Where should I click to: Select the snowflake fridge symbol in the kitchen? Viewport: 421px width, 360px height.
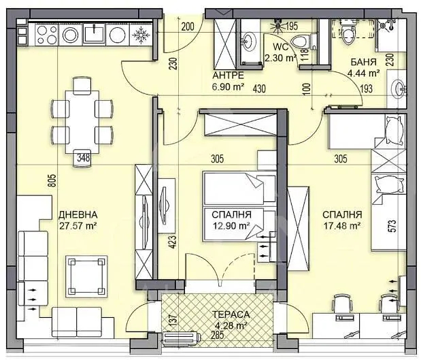142,33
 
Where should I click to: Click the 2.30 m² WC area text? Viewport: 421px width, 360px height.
282,58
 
